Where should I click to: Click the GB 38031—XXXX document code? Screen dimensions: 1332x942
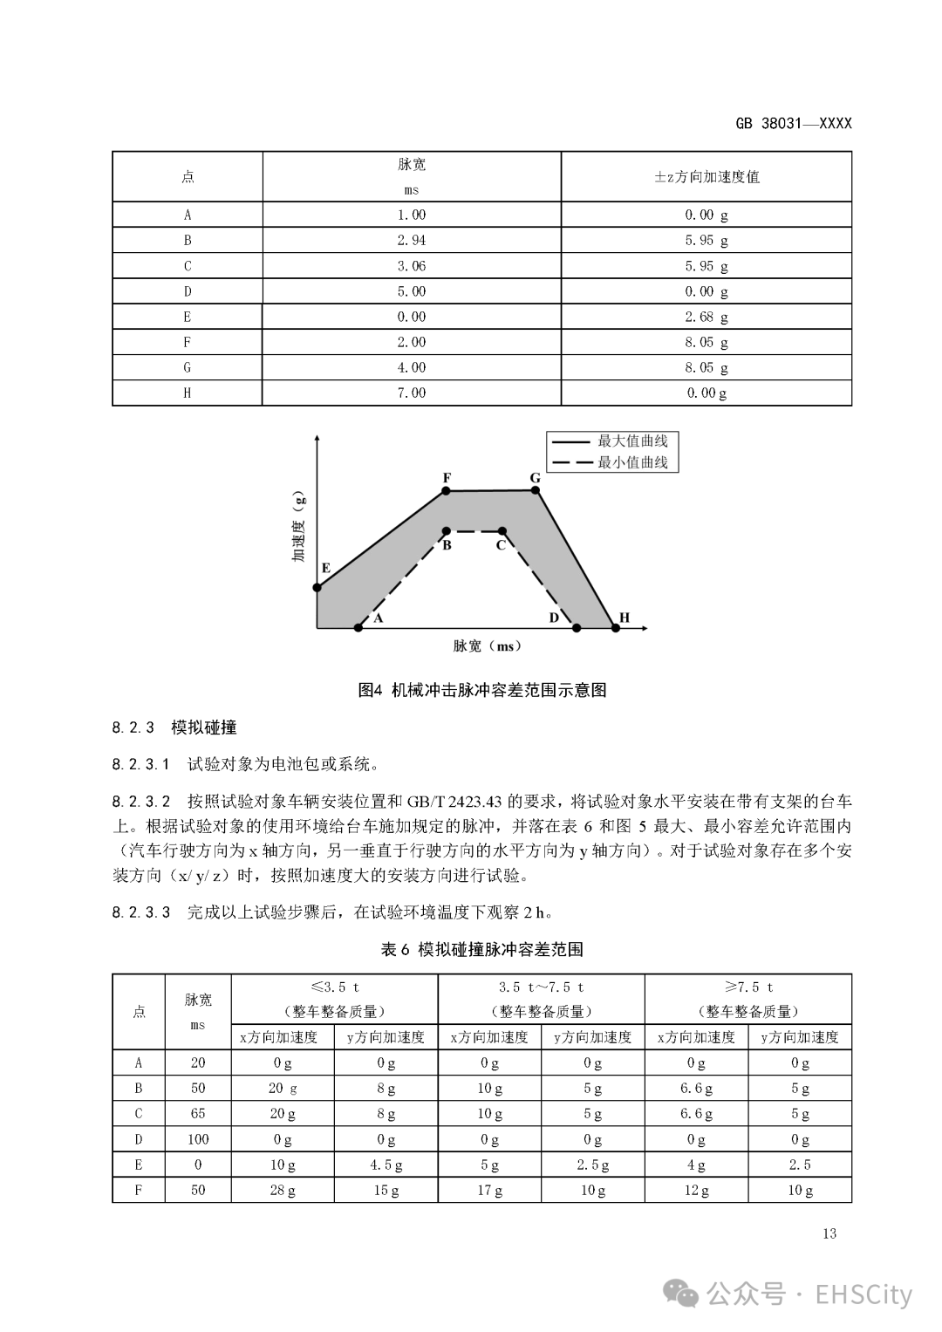[x=793, y=123]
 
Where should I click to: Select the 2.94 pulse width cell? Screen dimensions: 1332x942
[x=411, y=241]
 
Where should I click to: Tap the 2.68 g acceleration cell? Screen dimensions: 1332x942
[x=706, y=317]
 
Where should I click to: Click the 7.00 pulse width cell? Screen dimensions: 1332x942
[x=411, y=393]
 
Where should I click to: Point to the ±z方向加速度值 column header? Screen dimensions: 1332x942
[x=706, y=177]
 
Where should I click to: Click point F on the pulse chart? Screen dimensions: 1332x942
[x=446, y=491]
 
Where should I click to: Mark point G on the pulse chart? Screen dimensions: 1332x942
[x=536, y=490]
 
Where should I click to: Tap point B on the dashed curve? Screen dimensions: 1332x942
[x=446, y=530]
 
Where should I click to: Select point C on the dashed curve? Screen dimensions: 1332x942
[x=502, y=530]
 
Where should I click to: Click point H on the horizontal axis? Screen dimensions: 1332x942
[x=616, y=627]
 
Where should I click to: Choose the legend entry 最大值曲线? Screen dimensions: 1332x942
[x=631, y=441]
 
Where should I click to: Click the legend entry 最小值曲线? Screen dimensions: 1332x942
[x=631, y=462]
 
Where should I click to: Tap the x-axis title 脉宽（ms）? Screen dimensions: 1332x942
[x=487, y=646]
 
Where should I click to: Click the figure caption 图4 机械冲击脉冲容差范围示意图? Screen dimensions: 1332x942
[x=481, y=690]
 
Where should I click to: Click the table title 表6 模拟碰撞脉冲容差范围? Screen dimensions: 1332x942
[x=481, y=949]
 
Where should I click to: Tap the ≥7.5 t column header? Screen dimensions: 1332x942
[x=747, y=987]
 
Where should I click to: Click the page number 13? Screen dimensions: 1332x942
[x=829, y=1233]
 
